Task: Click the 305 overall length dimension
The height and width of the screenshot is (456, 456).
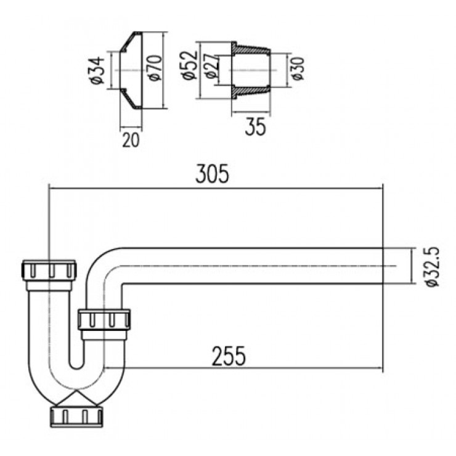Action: [212, 174]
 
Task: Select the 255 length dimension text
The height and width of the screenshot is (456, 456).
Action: [229, 356]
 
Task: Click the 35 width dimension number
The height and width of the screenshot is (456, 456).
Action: [256, 128]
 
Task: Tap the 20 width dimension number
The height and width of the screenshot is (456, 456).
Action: [130, 140]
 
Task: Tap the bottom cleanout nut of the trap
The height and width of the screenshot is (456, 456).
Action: [74, 415]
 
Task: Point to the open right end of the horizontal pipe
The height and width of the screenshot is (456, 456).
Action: [381, 266]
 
